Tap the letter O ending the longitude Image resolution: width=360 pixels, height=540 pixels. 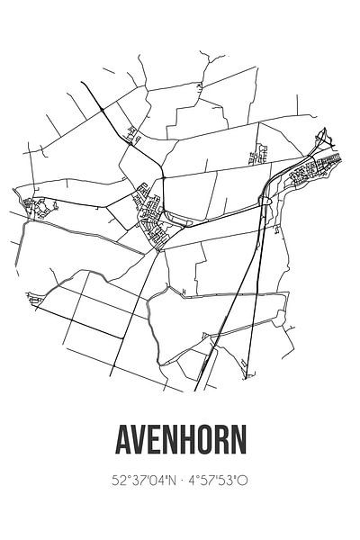[244, 481]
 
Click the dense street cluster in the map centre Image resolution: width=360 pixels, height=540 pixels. [150, 216]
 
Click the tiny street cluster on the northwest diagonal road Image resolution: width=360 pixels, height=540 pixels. [135, 136]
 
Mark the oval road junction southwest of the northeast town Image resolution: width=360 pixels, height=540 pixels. [265, 202]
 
